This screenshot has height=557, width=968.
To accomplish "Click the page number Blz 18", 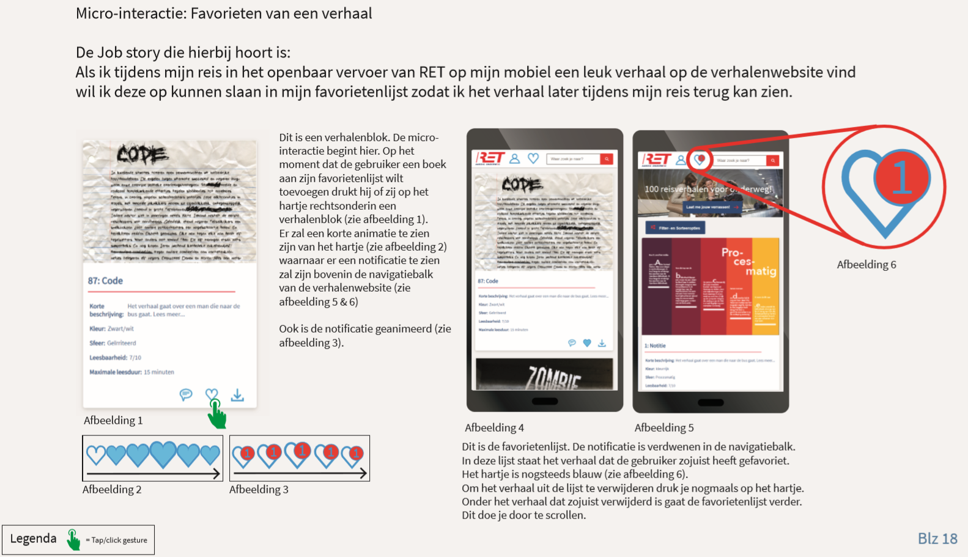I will [937, 538].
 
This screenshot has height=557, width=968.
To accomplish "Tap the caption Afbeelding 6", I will [866, 264].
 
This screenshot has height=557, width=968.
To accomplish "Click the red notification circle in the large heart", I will [902, 177].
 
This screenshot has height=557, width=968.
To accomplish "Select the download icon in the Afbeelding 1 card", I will [237, 396].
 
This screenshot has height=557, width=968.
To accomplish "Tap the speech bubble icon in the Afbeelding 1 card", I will [186, 394].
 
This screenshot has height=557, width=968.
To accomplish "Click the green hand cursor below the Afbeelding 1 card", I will [216, 415].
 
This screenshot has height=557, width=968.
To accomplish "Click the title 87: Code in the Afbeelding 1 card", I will [105, 281].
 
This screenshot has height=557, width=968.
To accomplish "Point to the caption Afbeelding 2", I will [112, 489].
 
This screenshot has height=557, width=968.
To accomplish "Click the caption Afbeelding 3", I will [259, 489].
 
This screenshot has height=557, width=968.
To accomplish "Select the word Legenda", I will [33, 539].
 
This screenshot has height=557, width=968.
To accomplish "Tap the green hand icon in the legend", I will [73, 539].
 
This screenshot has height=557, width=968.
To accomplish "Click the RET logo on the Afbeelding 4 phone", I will [490, 158].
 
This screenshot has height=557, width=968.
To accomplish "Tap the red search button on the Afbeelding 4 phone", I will [607, 159].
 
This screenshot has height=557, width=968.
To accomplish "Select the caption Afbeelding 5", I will [663, 427].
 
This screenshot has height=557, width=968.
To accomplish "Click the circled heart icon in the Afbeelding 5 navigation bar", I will [700, 160].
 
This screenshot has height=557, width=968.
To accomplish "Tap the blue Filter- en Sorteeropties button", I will [675, 228].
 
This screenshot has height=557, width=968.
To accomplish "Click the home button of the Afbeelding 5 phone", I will [711, 402].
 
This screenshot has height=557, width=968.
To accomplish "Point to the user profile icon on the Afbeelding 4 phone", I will [515, 158].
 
